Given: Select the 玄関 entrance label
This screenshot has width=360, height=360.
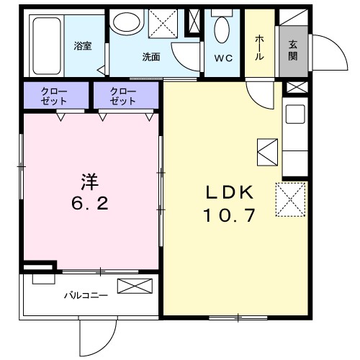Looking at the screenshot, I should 293,49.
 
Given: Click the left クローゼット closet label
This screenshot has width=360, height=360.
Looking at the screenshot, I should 55,96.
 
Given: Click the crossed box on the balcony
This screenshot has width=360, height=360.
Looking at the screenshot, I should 135,287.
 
